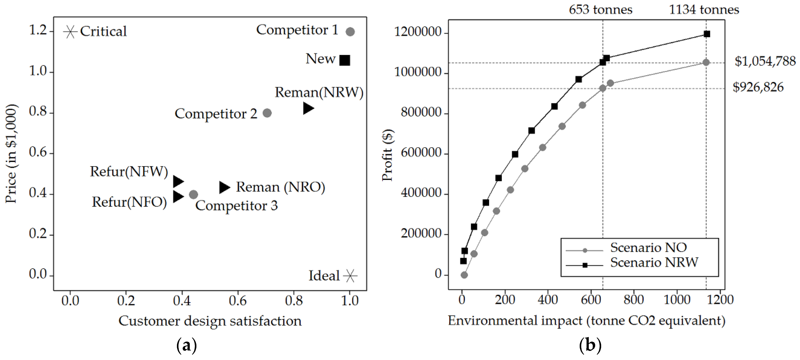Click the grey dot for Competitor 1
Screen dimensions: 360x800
pyautogui.click(x=350, y=32)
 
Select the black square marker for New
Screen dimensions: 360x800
pyautogui.click(x=345, y=60)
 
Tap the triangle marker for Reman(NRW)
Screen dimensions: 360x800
pyautogui.click(x=308, y=108)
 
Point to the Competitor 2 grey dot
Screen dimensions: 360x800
pyautogui.click(x=267, y=113)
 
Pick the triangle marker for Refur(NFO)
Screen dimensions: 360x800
pyautogui.click(x=178, y=196)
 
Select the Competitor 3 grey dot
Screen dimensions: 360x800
pyautogui.click(x=193, y=195)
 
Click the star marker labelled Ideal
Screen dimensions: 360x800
pyautogui.click(x=350, y=276)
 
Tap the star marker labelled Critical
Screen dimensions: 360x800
pyautogui.click(x=70, y=32)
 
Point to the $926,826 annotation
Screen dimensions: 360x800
pyautogui.click(x=758, y=87)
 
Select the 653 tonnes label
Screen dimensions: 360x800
pyautogui.click(x=600, y=10)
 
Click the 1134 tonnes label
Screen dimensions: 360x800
pyautogui.click(x=704, y=10)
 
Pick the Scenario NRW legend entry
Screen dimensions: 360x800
pyautogui.click(x=654, y=263)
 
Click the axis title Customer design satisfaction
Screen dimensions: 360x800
pyautogui.click(x=210, y=321)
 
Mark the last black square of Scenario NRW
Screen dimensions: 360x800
pyautogui.click(x=707, y=34)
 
